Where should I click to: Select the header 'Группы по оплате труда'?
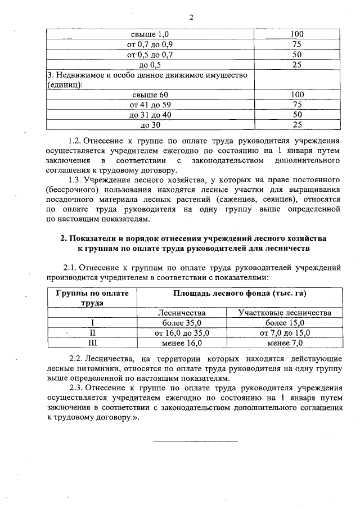(92, 298)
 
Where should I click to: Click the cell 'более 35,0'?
(182, 323)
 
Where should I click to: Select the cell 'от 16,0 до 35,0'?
(182, 332)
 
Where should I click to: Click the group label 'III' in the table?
(92, 342)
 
